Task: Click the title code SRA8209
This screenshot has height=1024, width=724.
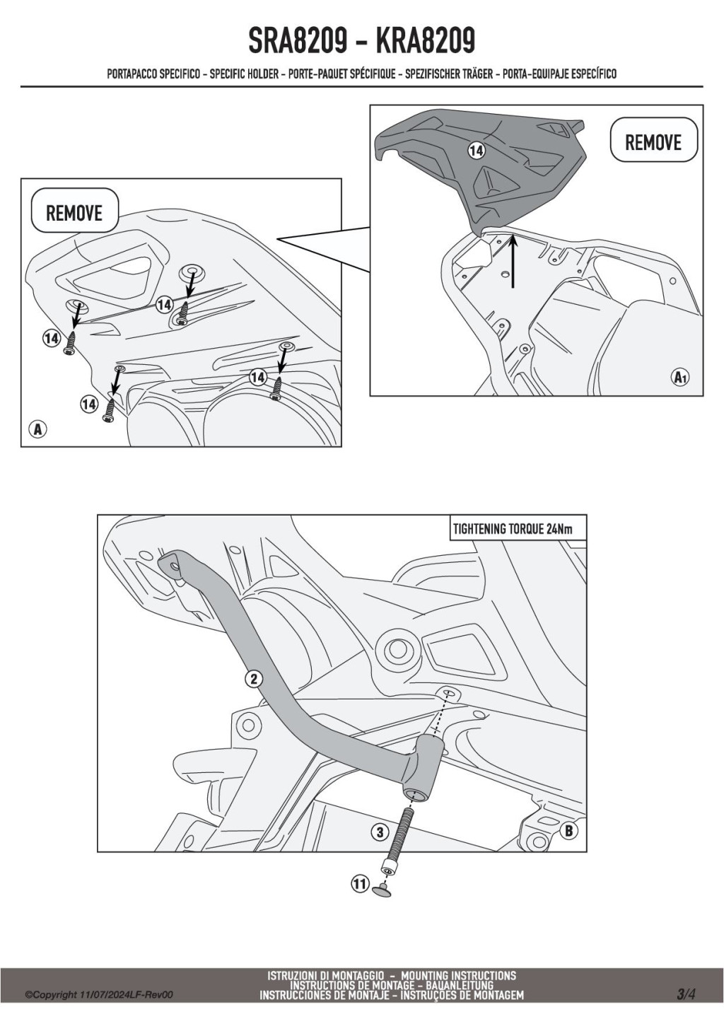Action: (297, 41)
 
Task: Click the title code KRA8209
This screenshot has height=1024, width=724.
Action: (425, 41)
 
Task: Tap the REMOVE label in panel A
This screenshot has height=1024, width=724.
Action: (74, 213)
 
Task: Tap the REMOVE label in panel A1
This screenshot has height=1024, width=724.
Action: (653, 142)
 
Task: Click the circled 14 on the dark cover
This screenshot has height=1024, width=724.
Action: (477, 150)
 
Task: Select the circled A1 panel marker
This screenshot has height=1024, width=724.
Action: (681, 377)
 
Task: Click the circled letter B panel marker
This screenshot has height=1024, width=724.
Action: (568, 830)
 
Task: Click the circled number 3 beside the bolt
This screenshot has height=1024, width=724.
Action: (380, 832)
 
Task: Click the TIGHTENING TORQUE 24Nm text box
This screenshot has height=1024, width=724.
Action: (518, 529)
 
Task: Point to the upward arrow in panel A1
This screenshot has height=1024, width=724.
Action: (513, 260)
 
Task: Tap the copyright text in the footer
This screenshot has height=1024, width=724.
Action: (99, 995)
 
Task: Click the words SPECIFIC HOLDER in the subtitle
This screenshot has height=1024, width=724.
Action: (244, 74)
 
